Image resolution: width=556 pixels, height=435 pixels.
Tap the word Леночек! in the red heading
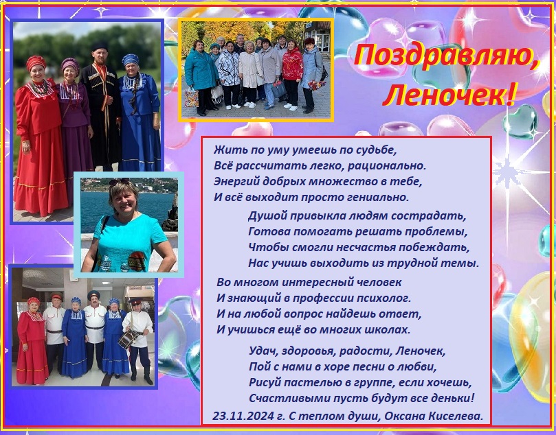click(x=448, y=95)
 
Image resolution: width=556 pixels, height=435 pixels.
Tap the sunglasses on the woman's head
click(x=119, y=182)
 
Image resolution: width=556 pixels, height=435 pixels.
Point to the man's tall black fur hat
click(x=99, y=47)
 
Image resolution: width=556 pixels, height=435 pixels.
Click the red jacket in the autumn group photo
click(x=292, y=63)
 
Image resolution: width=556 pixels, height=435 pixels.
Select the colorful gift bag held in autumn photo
click(x=191, y=97)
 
